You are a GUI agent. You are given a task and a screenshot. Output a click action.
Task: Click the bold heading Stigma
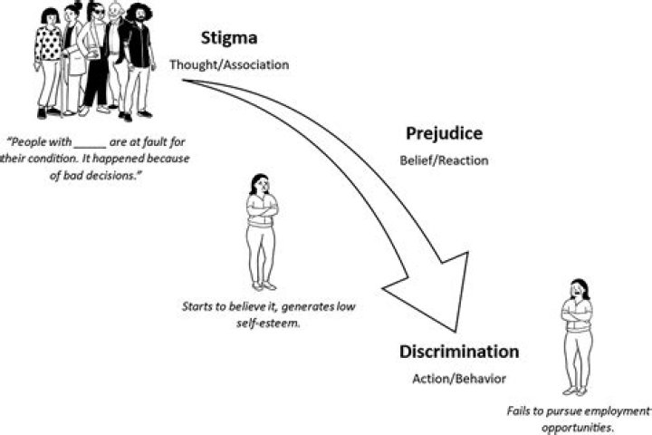(229, 38)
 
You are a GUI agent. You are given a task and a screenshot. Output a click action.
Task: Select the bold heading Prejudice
(444, 133)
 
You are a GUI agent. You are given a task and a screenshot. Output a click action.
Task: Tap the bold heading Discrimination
(459, 352)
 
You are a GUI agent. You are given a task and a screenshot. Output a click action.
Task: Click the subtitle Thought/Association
(229, 65)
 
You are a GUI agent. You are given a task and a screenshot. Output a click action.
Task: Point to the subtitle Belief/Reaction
(444, 160)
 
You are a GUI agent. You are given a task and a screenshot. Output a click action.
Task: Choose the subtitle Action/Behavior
(459, 379)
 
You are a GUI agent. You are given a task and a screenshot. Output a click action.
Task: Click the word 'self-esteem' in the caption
(268, 323)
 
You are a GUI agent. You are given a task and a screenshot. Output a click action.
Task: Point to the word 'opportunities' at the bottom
(577, 428)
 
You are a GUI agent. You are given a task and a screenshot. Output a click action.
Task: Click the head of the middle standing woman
(260, 184)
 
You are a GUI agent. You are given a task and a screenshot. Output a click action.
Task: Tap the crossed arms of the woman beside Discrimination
(577, 315)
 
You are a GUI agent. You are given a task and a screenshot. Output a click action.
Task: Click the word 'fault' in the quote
(156, 142)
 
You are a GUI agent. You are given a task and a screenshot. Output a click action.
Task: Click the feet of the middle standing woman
(264, 286)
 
